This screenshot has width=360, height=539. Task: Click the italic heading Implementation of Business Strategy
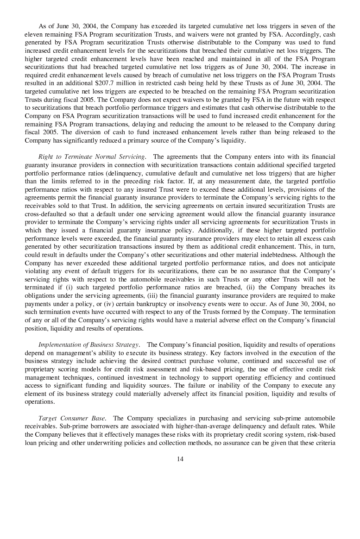coord(89,345)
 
